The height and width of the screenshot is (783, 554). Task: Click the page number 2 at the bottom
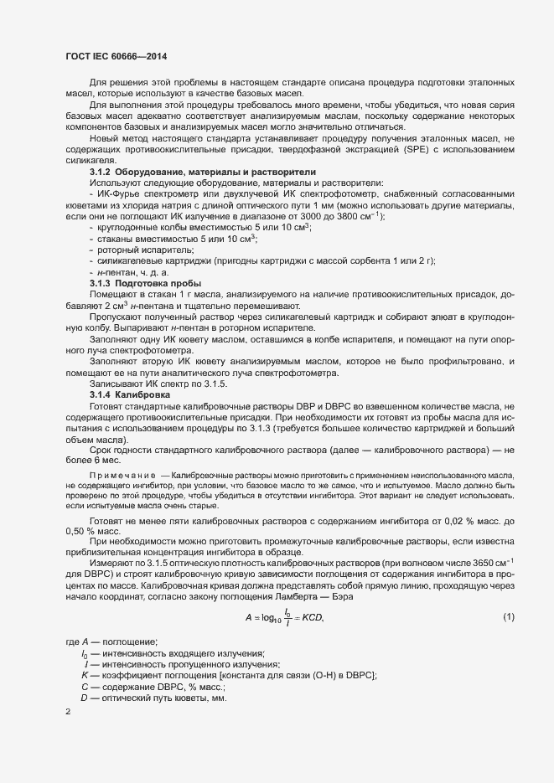[x=68, y=713]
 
